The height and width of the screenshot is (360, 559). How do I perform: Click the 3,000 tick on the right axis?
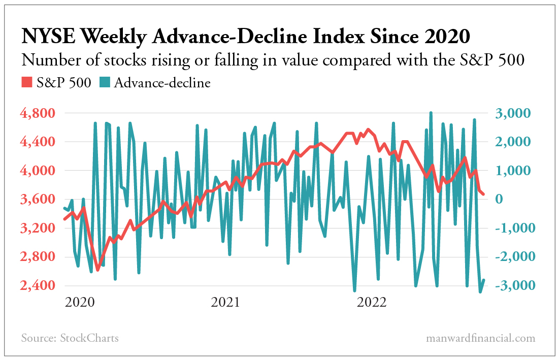click(x=512, y=113)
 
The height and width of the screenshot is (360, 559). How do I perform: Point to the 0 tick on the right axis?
click(x=504, y=200)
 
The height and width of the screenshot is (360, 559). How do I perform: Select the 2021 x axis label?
click(x=225, y=303)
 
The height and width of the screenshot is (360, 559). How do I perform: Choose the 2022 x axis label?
click(x=371, y=303)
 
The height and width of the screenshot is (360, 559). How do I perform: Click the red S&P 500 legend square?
click(x=26, y=83)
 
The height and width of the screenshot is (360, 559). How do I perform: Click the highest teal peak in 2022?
click(x=431, y=113)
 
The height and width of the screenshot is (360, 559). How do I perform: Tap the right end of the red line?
click(x=483, y=194)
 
